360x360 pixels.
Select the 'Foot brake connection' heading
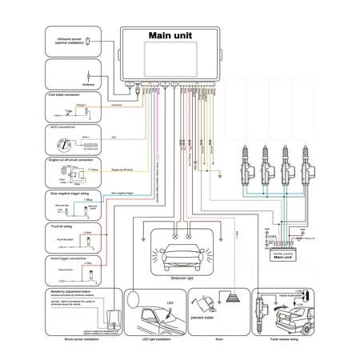(63, 95)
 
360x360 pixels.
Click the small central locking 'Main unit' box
(284, 257)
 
